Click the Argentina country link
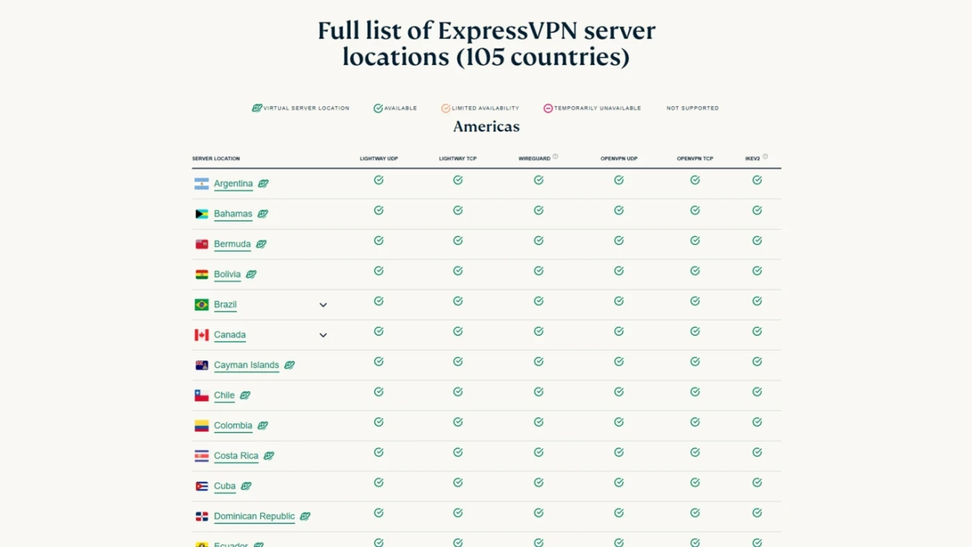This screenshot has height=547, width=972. pyautogui.click(x=233, y=184)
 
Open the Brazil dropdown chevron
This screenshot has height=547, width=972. pyautogui.click(x=323, y=305)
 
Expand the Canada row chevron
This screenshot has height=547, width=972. pyautogui.click(x=323, y=335)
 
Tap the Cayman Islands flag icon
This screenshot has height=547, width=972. pyautogui.click(x=201, y=365)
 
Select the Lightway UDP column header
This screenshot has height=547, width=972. pyautogui.click(x=378, y=159)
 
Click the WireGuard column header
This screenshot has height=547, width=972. pyautogui.click(x=535, y=159)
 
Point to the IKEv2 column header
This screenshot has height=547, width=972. pyautogui.click(x=753, y=159)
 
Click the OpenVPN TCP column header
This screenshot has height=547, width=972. pyautogui.click(x=695, y=159)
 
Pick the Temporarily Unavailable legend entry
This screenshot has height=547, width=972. pyautogui.click(x=592, y=108)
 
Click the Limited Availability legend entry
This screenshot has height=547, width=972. pyautogui.click(x=480, y=108)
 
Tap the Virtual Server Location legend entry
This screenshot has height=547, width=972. pyautogui.click(x=301, y=108)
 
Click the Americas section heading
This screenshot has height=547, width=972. pyautogui.click(x=486, y=127)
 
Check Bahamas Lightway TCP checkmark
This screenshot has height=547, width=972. pyautogui.click(x=458, y=210)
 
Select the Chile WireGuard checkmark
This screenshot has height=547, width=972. pyautogui.click(x=538, y=392)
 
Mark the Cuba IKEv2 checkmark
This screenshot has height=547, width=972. pyautogui.click(x=757, y=483)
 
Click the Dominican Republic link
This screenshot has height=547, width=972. pyautogui.click(x=254, y=517)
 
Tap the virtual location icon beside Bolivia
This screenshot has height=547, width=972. pyautogui.click(x=251, y=275)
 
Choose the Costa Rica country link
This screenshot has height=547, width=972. pyautogui.click(x=236, y=456)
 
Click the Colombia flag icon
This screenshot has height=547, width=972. pyautogui.click(x=201, y=426)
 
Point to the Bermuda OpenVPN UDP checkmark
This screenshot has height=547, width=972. pyautogui.click(x=619, y=240)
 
